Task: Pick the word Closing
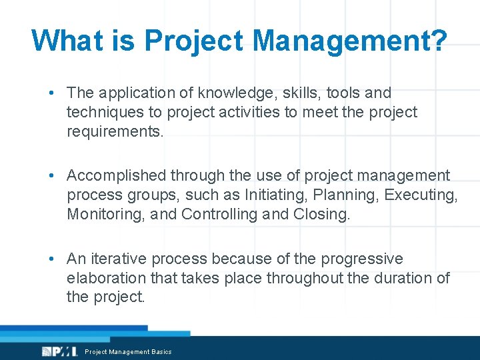click(321, 214)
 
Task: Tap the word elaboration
click(107, 277)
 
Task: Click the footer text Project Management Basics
click(128, 352)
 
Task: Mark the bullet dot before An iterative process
click(52, 259)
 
